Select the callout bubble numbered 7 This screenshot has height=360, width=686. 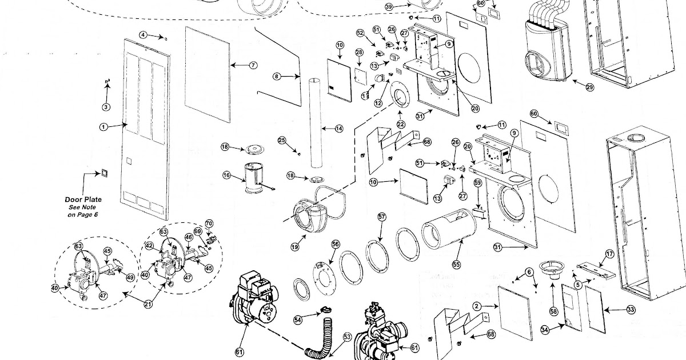coord(253,66)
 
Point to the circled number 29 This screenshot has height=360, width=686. coord(589,88)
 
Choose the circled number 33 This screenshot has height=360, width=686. coord(631,309)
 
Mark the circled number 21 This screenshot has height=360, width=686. coord(149,304)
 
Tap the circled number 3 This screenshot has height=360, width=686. coord(106,107)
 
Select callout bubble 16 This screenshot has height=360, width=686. coord(227,176)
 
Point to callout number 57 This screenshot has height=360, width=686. coord(382,217)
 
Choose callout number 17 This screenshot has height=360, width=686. coord(609,253)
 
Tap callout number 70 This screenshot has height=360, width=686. coord(209,222)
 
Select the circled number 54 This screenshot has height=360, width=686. coord(297,321)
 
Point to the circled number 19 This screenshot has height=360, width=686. coord(295,247)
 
